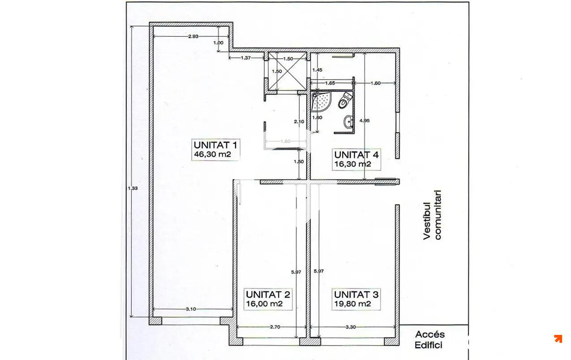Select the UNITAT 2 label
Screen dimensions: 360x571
pos(268,295)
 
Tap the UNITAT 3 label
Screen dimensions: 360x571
pos(356,295)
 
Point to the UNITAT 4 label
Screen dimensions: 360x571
pos(356,155)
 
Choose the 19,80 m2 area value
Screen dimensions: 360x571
pos(352,304)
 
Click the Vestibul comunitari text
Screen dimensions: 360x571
pos(432,215)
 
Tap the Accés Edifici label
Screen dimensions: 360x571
pos(429,339)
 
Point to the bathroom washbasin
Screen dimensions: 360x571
pos(348,120)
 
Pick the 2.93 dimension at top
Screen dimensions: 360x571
pos(193,36)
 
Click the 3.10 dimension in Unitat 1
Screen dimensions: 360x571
pos(191,309)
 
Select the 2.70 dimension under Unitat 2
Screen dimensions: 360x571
pos(275,327)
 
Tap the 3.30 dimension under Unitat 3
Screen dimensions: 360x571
pos(351,327)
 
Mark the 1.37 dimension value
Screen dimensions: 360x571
pos(245,58)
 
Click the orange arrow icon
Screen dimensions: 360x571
pos(558,339)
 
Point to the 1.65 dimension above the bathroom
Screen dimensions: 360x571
pos(330,83)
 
